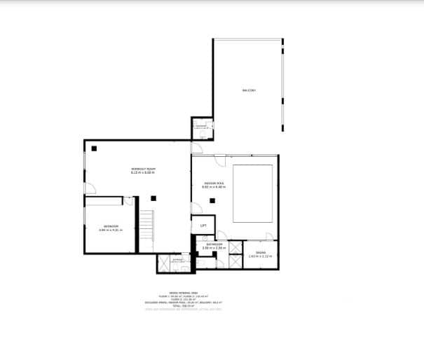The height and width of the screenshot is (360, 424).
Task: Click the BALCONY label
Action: tap(249, 90)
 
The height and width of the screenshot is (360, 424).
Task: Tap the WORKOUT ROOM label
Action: tap(142, 169)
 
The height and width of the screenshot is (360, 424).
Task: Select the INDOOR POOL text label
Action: tap(213, 184)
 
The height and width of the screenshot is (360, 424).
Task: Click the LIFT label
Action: tap(203, 226)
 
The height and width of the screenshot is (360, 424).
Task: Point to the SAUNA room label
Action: tap(261, 252)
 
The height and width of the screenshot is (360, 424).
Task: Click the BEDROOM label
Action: tap(111, 226)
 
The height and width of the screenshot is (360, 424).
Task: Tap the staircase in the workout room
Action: tap(145, 228)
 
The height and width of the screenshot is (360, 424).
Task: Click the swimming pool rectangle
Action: tap(252, 193)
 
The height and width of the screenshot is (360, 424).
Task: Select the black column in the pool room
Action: tap(212, 201)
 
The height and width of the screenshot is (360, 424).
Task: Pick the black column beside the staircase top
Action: tap(151, 197)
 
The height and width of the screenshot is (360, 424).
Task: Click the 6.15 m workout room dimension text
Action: tap(142, 173)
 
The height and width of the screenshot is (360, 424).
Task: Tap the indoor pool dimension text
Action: tap(213, 187)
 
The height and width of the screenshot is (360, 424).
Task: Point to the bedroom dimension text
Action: tap(111, 230)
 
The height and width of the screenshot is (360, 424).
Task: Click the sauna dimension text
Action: tap(261, 256)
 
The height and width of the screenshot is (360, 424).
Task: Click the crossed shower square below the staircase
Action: tap(164, 263)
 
